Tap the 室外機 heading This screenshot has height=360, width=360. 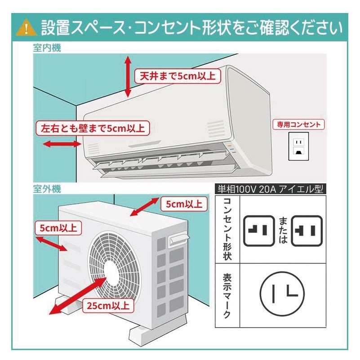click(47, 189)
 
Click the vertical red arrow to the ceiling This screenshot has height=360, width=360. click(128, 76)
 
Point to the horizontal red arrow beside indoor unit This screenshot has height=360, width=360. click(60, 144)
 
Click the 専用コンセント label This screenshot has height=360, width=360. click(299, 124)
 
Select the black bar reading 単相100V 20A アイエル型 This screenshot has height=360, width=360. click(270, 189)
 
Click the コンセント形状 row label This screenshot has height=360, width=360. click(227, 229)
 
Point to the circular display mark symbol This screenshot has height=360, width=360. click(283, 294)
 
